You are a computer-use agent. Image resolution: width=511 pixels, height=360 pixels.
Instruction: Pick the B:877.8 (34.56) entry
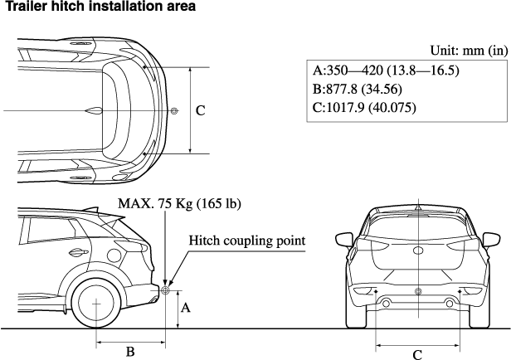pyautogui.click(x=357, y=89)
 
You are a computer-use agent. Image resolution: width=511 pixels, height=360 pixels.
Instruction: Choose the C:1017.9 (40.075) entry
pyautogui.click(x=364, y=107)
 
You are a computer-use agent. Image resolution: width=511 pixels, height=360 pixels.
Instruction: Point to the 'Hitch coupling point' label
pyautogui.click(x=247, y=241)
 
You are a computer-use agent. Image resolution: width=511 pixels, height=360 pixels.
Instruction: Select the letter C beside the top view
pyautogui.click(x=200, y=110)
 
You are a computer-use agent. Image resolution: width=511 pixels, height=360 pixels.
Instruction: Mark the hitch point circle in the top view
pyautogui.click(x=173, y=111)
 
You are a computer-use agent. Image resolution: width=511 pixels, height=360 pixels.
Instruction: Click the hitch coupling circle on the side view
pyautogui.click(x=165, y=290)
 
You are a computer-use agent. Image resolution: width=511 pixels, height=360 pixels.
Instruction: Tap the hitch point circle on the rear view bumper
pyautogui.click(x=417, y=291)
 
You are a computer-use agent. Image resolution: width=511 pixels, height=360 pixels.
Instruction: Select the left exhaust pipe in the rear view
pyautogui.click(x=386, y=305)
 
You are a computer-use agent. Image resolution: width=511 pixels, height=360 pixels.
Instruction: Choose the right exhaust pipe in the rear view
pyautogui.click(x=449, y=305)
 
